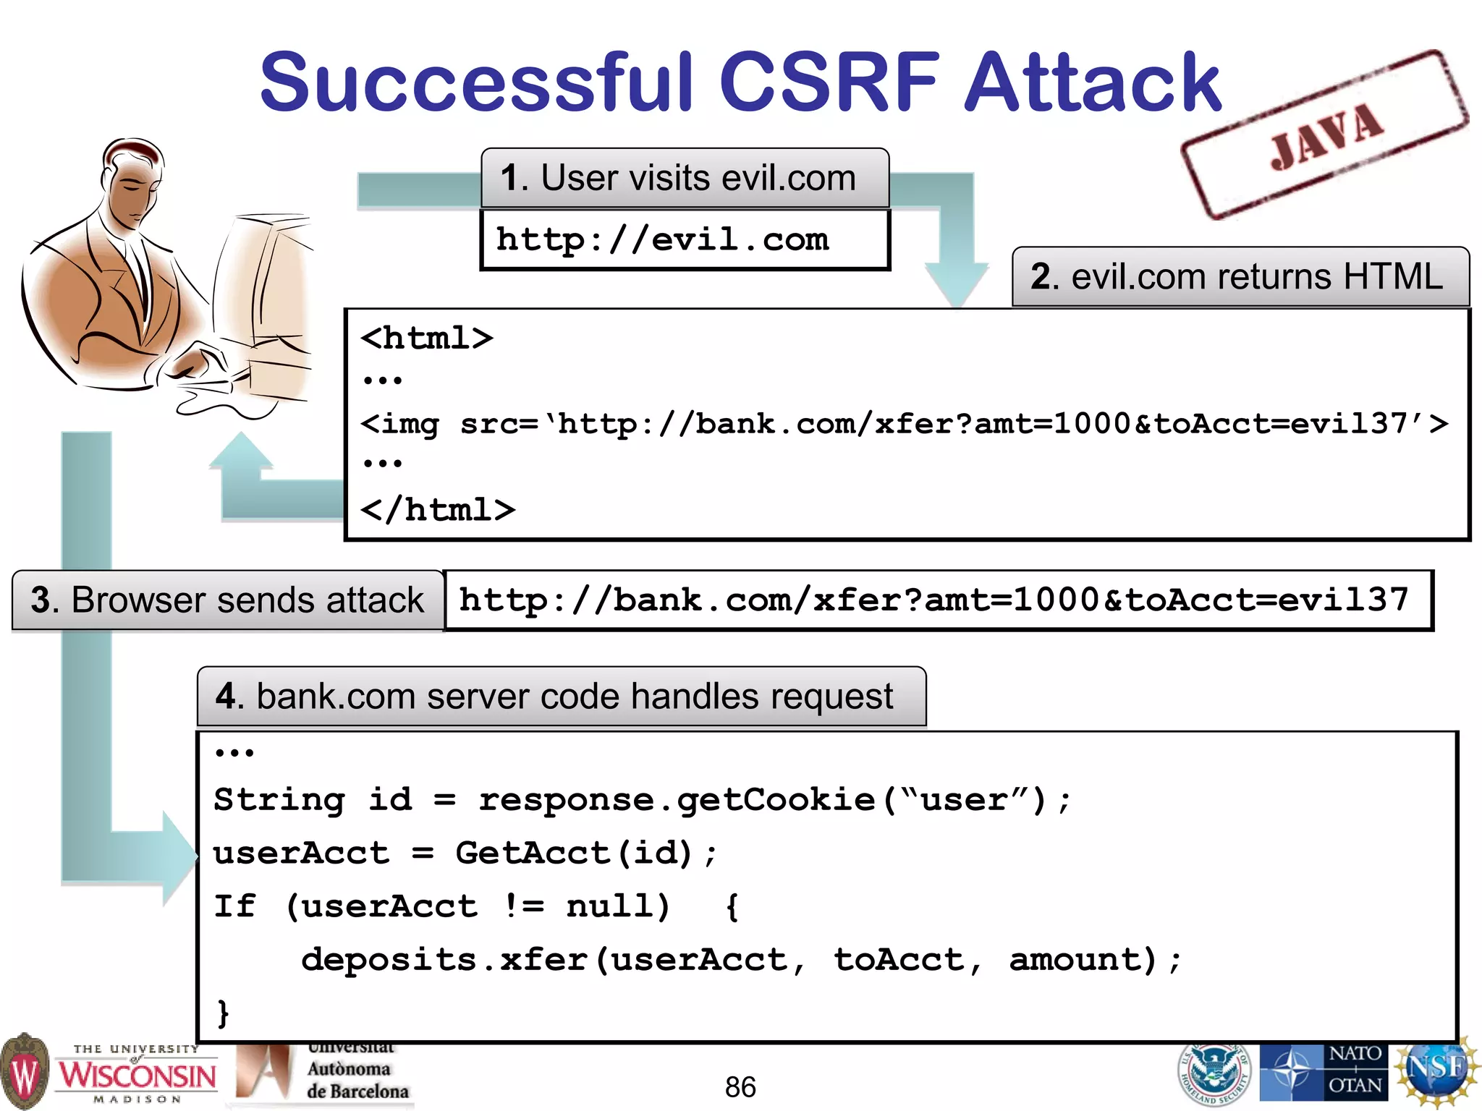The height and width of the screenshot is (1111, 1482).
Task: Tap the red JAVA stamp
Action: point(1326,134)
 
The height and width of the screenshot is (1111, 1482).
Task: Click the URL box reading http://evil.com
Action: point(685,239)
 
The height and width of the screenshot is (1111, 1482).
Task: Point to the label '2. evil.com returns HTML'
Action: point(1240,277)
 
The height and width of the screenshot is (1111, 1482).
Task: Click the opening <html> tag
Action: point(427,339)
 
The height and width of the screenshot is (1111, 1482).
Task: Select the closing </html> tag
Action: point(439,510)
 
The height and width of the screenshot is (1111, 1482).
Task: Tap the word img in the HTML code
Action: point(410,424)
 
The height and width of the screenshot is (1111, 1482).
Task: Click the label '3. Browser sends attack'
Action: point(227,600)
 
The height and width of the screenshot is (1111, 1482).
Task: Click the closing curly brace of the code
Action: point(224,1012)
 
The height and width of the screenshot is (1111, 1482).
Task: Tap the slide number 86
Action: point(740,1087)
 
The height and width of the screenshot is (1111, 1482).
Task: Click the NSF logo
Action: point(1436,1070)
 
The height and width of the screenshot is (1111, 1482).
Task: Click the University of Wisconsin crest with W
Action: point(25,1072)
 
